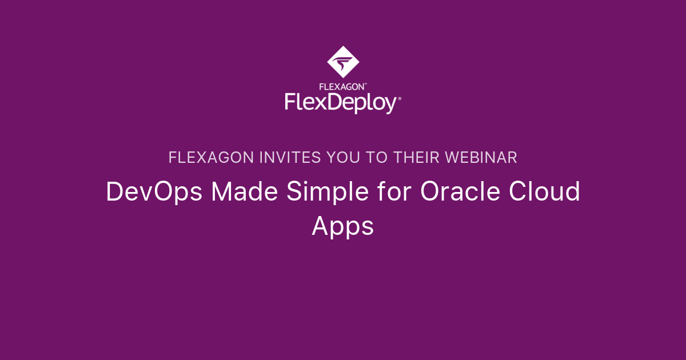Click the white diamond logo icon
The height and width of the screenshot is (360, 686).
pyautogui.click(x=343, y=62)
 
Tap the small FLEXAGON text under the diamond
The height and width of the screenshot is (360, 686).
pyautogui.click(x=342, y=87)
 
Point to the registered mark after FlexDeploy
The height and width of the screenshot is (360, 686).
pyautogui.click(x=400, y=98)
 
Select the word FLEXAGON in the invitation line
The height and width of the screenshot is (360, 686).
pyautogui.click(x=211, y=158)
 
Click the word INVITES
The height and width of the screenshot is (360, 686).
pyautogui.click(x=290, y=158)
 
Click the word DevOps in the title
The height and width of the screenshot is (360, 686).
pyautogui.click(x=154, y=192)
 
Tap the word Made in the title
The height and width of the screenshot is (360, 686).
pyautogui.click(x=245, y=191)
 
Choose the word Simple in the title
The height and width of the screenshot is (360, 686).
pyautogui.click(x=328, y=192)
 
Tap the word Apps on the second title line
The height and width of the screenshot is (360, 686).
pyautogui.click(x=342, y=227)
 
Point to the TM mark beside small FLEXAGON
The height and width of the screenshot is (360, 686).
pyautogui.click(x=365, y=84)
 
